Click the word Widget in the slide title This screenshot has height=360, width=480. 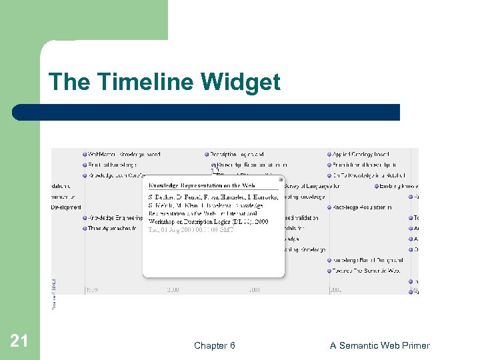(x=241, y=83)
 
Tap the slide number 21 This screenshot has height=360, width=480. (x=19, y=341)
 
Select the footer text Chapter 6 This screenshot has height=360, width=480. (x=214, y=345)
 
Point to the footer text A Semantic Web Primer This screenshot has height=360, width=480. (x=379, y=345)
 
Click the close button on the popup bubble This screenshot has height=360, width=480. (x=281, y=179)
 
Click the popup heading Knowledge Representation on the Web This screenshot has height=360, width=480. (x=201, y=185)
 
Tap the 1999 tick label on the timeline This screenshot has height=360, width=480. (x=93, y=290)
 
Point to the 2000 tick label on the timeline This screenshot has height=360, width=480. (x=173, y=290)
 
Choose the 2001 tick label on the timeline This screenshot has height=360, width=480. (x=254, y=290)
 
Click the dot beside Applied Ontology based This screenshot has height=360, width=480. (x=329, y=155)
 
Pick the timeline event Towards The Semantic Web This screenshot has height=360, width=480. (x=367, y=271)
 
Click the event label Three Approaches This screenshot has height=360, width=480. (x=112, y=228)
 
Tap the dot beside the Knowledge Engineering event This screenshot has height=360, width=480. (x=85, y=218)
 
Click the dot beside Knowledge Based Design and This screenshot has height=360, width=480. (x=329, y=260)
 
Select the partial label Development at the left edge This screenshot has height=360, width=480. (x=66, y=207)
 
